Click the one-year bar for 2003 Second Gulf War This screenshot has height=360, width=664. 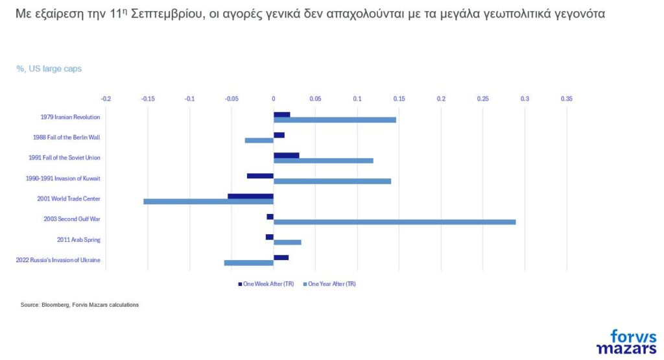[394, 222]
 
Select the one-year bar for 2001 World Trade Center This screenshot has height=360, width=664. [208, 202]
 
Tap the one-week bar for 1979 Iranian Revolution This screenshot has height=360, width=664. [281, 115]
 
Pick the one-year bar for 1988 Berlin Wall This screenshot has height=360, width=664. [259, 140]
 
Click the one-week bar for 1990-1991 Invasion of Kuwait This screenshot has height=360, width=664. [260, 176]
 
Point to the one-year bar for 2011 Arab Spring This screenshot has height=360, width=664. [287, 243]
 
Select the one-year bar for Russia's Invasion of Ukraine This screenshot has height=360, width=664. [248, 263]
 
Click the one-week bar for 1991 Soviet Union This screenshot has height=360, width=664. [286, 156]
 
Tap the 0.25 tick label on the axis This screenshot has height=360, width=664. [482, 99]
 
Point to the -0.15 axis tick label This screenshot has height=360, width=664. [147, 99]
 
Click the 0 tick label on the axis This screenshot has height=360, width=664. [274, 99]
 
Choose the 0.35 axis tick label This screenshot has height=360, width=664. [566, 99]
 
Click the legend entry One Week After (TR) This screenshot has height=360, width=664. [265, 283]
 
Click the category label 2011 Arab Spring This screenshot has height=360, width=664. [78, 240]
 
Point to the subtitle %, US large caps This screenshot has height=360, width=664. [49, 68]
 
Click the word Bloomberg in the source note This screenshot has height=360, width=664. [54, 305]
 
